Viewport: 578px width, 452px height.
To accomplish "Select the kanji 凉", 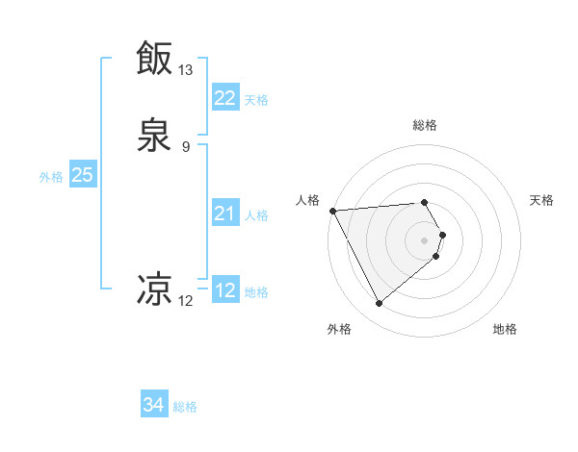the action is pos(154,288).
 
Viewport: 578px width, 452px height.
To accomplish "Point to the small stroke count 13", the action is pos(185,70).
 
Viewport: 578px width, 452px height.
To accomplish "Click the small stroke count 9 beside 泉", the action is pos(185,147).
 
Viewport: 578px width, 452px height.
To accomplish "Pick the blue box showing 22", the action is pos(224,98).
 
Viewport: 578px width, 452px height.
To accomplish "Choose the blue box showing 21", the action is pos(224,213).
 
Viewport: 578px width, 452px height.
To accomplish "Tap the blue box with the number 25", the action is pos(82,175).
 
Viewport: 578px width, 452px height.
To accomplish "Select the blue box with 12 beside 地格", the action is pos(224,290).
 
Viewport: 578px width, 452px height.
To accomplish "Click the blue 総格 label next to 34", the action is pos(185,407).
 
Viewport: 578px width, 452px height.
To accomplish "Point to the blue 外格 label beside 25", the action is pos(51,176).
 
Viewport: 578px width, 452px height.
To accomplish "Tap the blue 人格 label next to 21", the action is pos(257,214).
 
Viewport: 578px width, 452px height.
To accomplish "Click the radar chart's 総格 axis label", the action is pos(425,125).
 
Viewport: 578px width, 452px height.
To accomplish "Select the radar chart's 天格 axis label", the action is pos(542,200).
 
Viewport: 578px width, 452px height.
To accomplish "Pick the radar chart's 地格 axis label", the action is pos(505,330).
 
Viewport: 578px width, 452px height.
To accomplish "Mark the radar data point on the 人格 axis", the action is pos(332,210).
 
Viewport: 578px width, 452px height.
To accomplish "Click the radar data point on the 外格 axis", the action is pos(379,304).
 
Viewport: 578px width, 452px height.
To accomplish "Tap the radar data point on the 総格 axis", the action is pos(425,202).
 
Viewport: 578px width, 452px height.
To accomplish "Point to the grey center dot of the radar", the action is pos(425,239).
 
